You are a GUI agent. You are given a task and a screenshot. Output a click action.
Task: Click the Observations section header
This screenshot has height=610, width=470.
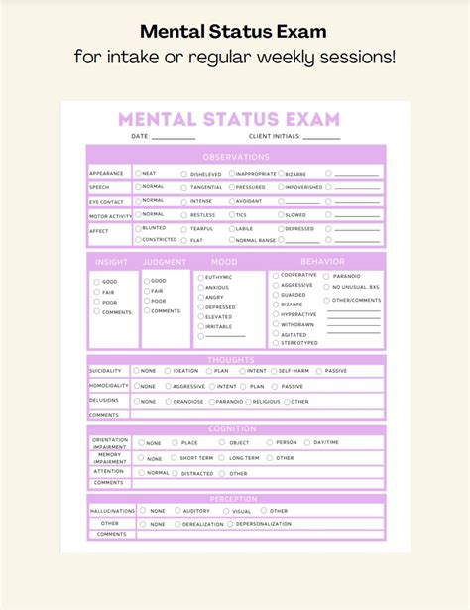(235, 157)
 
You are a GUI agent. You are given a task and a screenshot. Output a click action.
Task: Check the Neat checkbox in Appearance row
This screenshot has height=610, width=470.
(139, 173)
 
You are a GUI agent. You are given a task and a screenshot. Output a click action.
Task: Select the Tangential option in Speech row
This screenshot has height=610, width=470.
(184, 187)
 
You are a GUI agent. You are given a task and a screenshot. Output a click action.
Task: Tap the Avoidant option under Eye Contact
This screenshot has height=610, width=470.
(232, 201)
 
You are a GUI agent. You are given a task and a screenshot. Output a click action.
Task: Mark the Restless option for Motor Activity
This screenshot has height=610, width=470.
(184, 215)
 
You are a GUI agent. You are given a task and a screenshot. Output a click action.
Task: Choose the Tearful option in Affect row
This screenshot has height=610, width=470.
(184, 229)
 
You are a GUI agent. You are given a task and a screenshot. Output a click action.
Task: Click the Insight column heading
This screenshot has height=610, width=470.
(111, 262)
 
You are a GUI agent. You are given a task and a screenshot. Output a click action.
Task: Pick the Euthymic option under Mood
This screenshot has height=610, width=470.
(201, 277)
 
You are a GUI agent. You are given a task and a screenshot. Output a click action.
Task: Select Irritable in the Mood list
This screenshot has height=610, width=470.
(201, 326)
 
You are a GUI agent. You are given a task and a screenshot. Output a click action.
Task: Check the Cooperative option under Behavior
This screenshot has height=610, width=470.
(275, 275)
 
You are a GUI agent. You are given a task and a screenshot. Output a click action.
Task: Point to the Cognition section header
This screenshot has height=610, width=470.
(235, 429)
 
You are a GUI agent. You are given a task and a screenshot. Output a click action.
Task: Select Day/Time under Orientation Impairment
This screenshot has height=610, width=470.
(307, 442)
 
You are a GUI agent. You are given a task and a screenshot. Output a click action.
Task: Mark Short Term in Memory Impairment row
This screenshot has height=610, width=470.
(174, 458)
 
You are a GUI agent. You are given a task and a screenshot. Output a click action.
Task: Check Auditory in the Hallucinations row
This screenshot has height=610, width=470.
(177, 511)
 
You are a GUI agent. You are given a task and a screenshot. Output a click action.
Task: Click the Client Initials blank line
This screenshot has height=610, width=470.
(322, 138)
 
